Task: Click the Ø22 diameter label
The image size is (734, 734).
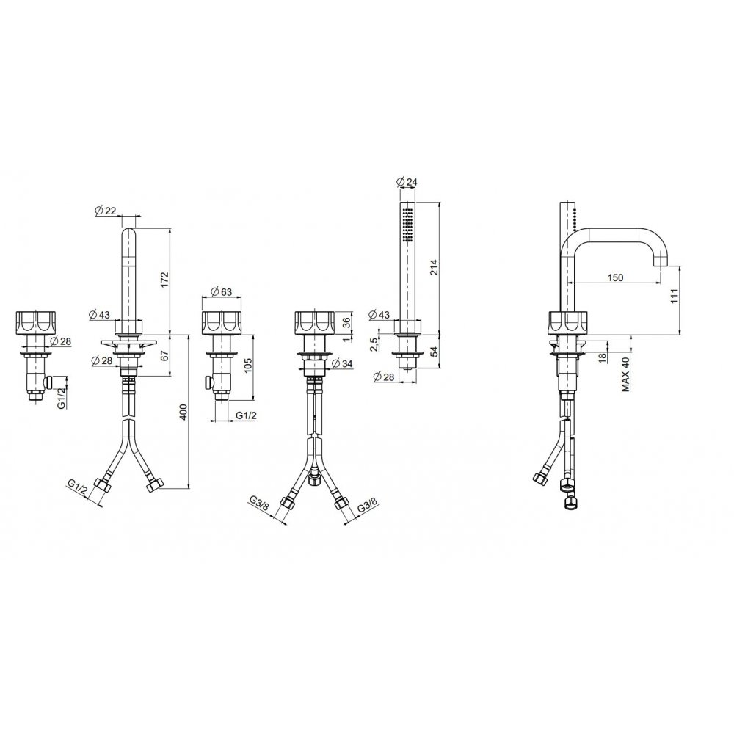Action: (x=105, y=211)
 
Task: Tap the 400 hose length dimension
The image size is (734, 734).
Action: (x=183, y=412)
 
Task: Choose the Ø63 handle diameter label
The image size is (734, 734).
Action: (x=222, y=291)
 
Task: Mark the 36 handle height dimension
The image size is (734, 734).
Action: (x=346, y=322)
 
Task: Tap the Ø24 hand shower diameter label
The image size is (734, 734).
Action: (x=407, y=182)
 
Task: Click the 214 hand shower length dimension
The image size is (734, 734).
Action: (x=435, y=267)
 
